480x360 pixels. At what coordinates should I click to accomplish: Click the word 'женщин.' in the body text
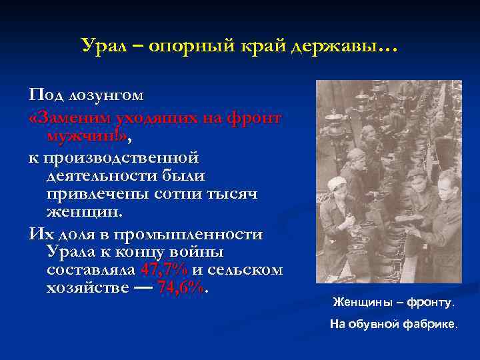85,214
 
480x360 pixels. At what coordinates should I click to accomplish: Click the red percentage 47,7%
164,271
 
